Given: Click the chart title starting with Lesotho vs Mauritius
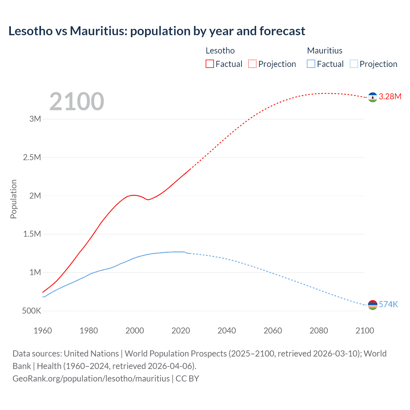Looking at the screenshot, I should [x=157, y=31].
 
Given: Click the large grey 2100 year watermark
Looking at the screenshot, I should [x=77, y=102].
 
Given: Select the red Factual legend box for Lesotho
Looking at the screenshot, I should [x=210, y=64].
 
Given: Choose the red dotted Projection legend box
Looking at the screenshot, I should [x=252, y=64].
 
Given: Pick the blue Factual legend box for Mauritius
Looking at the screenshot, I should [x=311, y=64].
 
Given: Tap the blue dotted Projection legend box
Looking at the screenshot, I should [x=354, y=64].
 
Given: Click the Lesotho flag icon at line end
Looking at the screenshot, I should [x=373, y=97].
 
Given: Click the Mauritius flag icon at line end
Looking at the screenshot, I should [x=373, y=305].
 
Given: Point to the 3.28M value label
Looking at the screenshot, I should [x=390, y=97].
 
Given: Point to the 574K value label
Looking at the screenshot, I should [x=388, y=305].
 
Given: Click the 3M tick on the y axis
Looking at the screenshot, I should [x=35, y=119].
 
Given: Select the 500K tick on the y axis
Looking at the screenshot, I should [x=31, y=311].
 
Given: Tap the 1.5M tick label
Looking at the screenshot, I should [x=32, y=234].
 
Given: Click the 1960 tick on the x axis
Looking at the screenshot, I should [x=43, y=331].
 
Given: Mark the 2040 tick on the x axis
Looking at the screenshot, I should [x=227, y=331].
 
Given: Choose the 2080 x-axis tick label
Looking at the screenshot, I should [x=319, y=331].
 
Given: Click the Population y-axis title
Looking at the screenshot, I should [x=13, y=199].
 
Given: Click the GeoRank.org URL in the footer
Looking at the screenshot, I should [x=91, y=379].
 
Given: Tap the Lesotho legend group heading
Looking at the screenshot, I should [x=220, y=51].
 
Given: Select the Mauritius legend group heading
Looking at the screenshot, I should [x=324, y=51].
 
